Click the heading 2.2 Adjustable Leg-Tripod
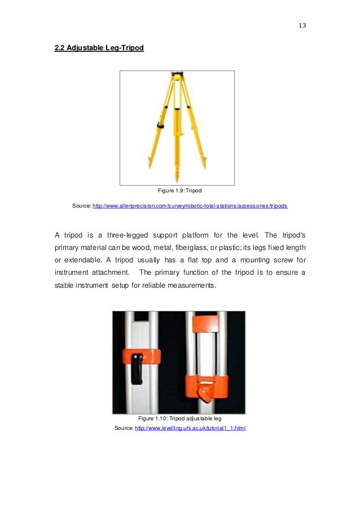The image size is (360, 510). tap(99, 48)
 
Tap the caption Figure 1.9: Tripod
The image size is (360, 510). tap(177, 191)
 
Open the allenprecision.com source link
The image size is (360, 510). tap(190, 206)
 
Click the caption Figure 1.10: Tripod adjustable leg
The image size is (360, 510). tap(178, 419)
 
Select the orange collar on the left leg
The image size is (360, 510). tap(141, 357)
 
